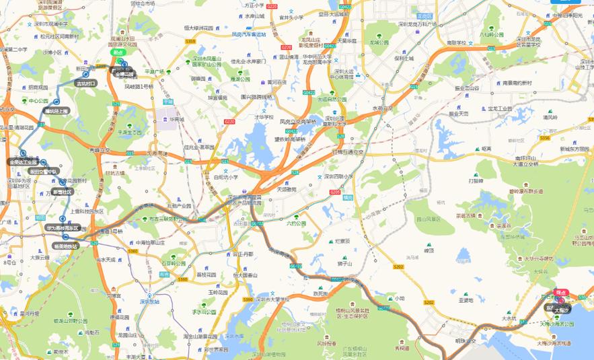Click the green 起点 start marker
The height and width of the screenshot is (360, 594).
[118, 52]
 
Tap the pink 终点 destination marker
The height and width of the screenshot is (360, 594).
[560, 293]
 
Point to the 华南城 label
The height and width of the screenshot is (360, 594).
[177, 118]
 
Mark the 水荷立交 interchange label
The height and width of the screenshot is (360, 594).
[382, 108]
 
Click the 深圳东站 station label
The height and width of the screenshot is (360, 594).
[151, 302]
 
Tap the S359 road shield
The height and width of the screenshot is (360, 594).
[190, 42]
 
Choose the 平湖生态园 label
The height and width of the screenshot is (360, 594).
[130, 133]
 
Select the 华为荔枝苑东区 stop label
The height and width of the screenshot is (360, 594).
[63, 228]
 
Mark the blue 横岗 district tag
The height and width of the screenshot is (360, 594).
[347, 198]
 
